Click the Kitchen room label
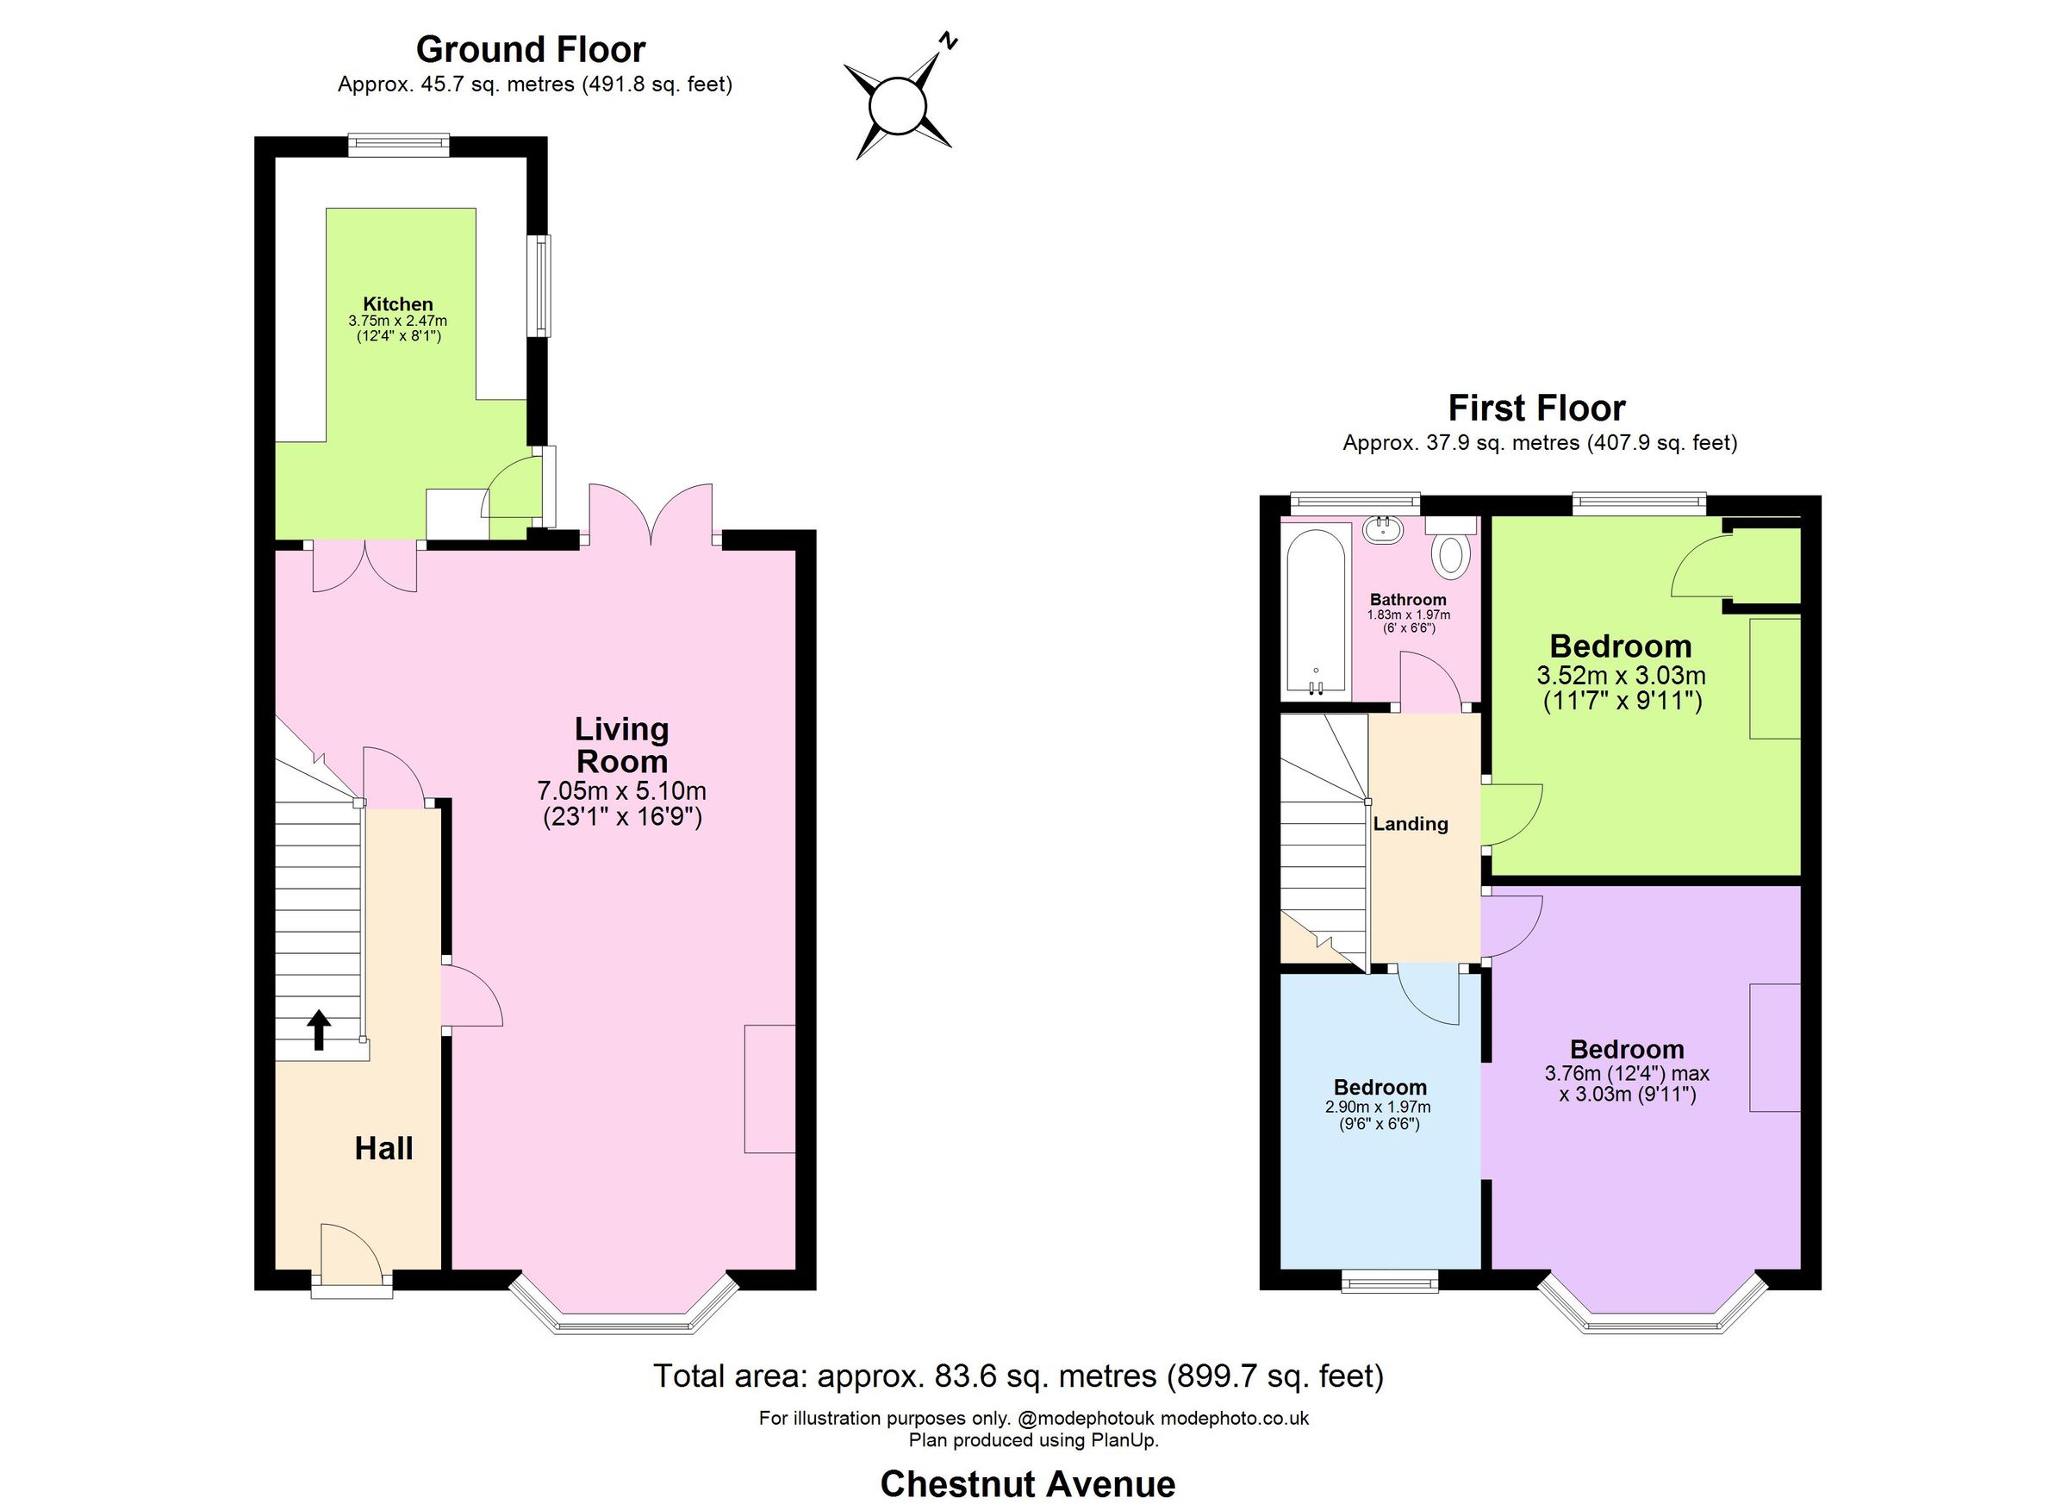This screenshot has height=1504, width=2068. click(x=397, y=303)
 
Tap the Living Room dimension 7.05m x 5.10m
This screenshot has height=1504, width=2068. click(x=622, y=789)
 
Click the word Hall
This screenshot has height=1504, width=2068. click(x=383, y=1148)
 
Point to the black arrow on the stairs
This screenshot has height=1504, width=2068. click(x=318, y=1030)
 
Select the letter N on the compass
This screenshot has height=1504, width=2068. click(x=950, y=41)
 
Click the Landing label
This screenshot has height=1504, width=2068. click(x=1411, y=824)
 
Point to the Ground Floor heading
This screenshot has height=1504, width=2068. click(x=531, y=49)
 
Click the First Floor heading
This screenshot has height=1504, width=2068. click(x=1536, y=408)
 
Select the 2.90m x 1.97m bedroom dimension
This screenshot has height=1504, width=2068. click(x=1378, y=1108)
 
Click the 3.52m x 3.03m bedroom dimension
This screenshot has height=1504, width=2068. click(x=1620, y=676)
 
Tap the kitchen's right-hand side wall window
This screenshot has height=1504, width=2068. click(x=543, y=285)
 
